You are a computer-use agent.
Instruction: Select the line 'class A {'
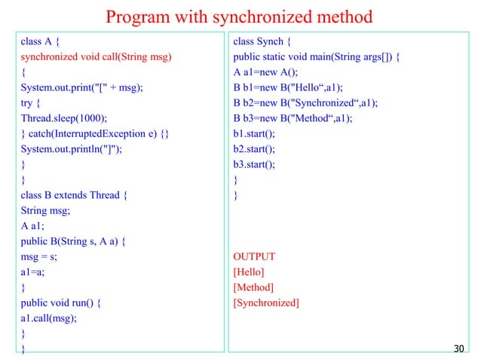click(x=41, y=42)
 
